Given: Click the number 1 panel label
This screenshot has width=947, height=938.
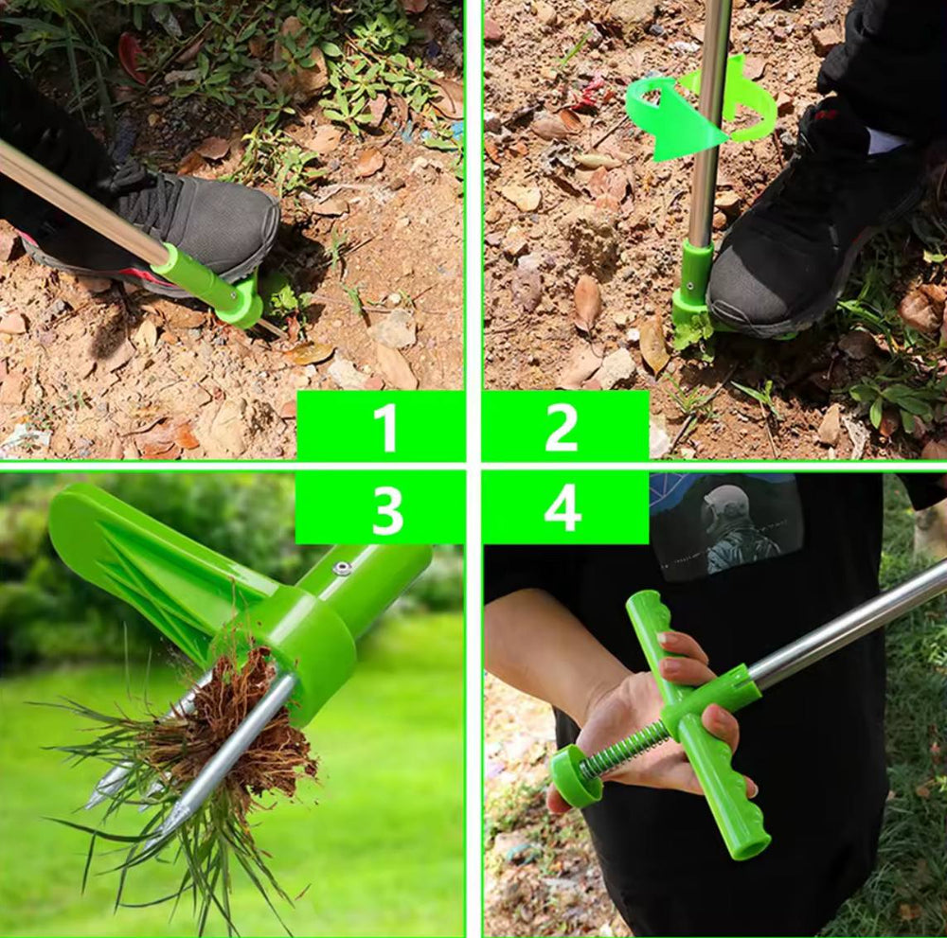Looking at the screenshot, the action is click(x=384, y=427).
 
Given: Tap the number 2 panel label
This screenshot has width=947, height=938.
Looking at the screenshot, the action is click(x=561, y=427).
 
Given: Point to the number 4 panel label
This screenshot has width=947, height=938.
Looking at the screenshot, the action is click(x=563, y=509).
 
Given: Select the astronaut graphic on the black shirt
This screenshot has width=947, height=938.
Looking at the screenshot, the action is click(x=732, y=528).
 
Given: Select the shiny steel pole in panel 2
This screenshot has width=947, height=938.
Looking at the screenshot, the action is click(x=707, y=121).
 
